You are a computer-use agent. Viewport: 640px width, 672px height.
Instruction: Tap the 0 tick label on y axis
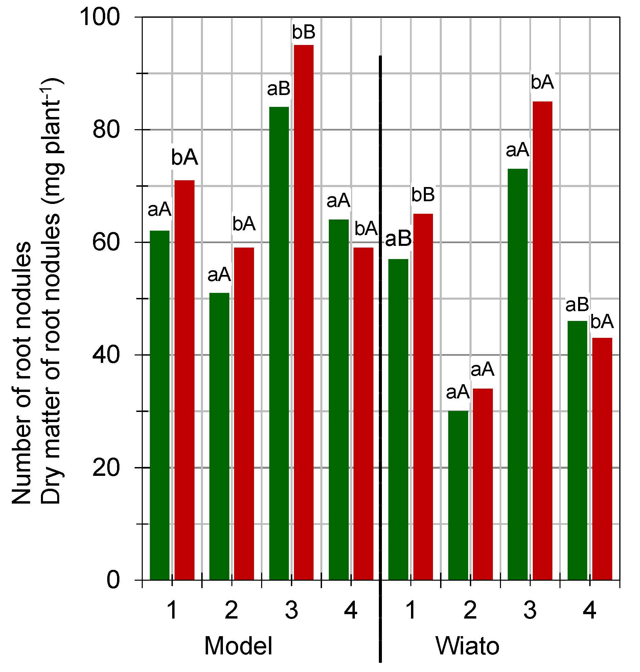pos(113,580)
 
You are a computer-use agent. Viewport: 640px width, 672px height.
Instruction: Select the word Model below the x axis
pos(238,646)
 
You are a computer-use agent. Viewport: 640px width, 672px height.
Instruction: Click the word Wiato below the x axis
pos(467,646)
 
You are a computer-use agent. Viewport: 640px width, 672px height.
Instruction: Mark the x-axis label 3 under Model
pos(291,610)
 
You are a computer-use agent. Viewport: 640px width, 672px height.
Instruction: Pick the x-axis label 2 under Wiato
pos(470,610)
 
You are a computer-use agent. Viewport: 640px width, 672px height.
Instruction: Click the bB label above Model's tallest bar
pos(304,32)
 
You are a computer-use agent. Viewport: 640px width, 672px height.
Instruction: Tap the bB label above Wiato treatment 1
pos(423,195)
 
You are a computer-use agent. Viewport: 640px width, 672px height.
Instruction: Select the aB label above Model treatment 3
pos(278,89)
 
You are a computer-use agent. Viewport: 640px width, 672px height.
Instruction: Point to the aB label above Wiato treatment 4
pos(577,305)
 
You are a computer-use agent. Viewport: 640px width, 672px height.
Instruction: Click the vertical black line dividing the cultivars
pos(381,341)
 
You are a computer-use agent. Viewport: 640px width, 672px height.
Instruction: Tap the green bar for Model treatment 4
pos(339,399)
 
